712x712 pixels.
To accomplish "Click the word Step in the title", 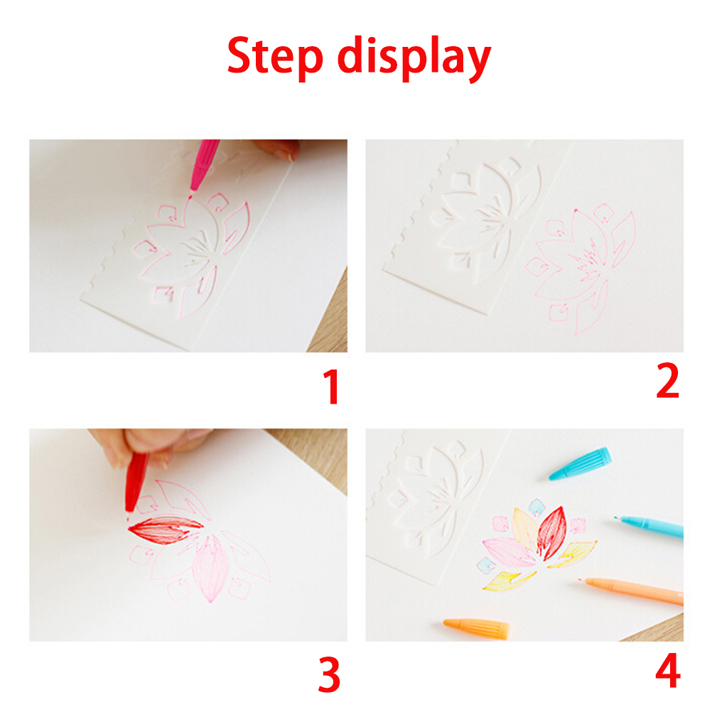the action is point(275,56).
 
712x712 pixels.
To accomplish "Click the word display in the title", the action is point(414,58).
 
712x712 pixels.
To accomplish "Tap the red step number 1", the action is point(332,387).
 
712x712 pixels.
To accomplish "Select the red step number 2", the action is point(667,382).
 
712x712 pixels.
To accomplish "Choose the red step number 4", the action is point(668,670).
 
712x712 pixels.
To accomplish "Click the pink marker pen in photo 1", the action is point(204,167).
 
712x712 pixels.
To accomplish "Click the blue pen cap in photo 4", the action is point(580,463).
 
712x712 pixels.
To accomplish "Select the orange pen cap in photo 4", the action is point(476,629).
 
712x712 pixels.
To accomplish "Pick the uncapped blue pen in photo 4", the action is point(649,527).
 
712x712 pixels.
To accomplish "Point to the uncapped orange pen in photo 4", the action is point(631,590).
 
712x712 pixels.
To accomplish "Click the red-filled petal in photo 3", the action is point(166,529).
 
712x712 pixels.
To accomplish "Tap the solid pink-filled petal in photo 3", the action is point(210,568).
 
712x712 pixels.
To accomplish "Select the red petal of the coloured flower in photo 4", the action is point(551,532).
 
